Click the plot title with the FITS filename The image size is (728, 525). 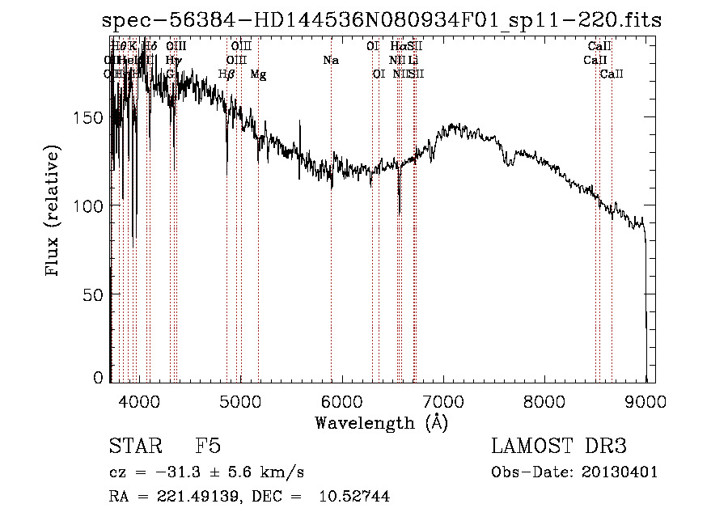(382, 21)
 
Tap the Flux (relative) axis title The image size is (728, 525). (54, 212)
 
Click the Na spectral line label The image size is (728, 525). (330, 61)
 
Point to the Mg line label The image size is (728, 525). (258, 74)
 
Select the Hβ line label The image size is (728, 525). (226, 74)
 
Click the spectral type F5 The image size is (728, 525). (208, 447)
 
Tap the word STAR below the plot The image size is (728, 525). (135, 447)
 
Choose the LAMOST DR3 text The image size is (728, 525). (559, 447)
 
